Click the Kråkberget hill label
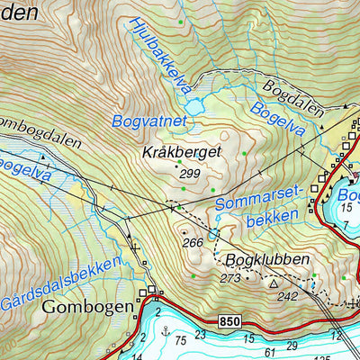pos(182,154)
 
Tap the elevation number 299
pos(190,174)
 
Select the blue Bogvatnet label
pos(148,120)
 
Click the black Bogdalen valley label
pos(294,95)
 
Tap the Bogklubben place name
pos(267,260)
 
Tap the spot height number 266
pos(192,242)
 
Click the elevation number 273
pos(229,278)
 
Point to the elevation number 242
pos(288,296)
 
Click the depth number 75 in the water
pos(182,339)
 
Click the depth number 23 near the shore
pos(201,335)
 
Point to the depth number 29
pos(290,345)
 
